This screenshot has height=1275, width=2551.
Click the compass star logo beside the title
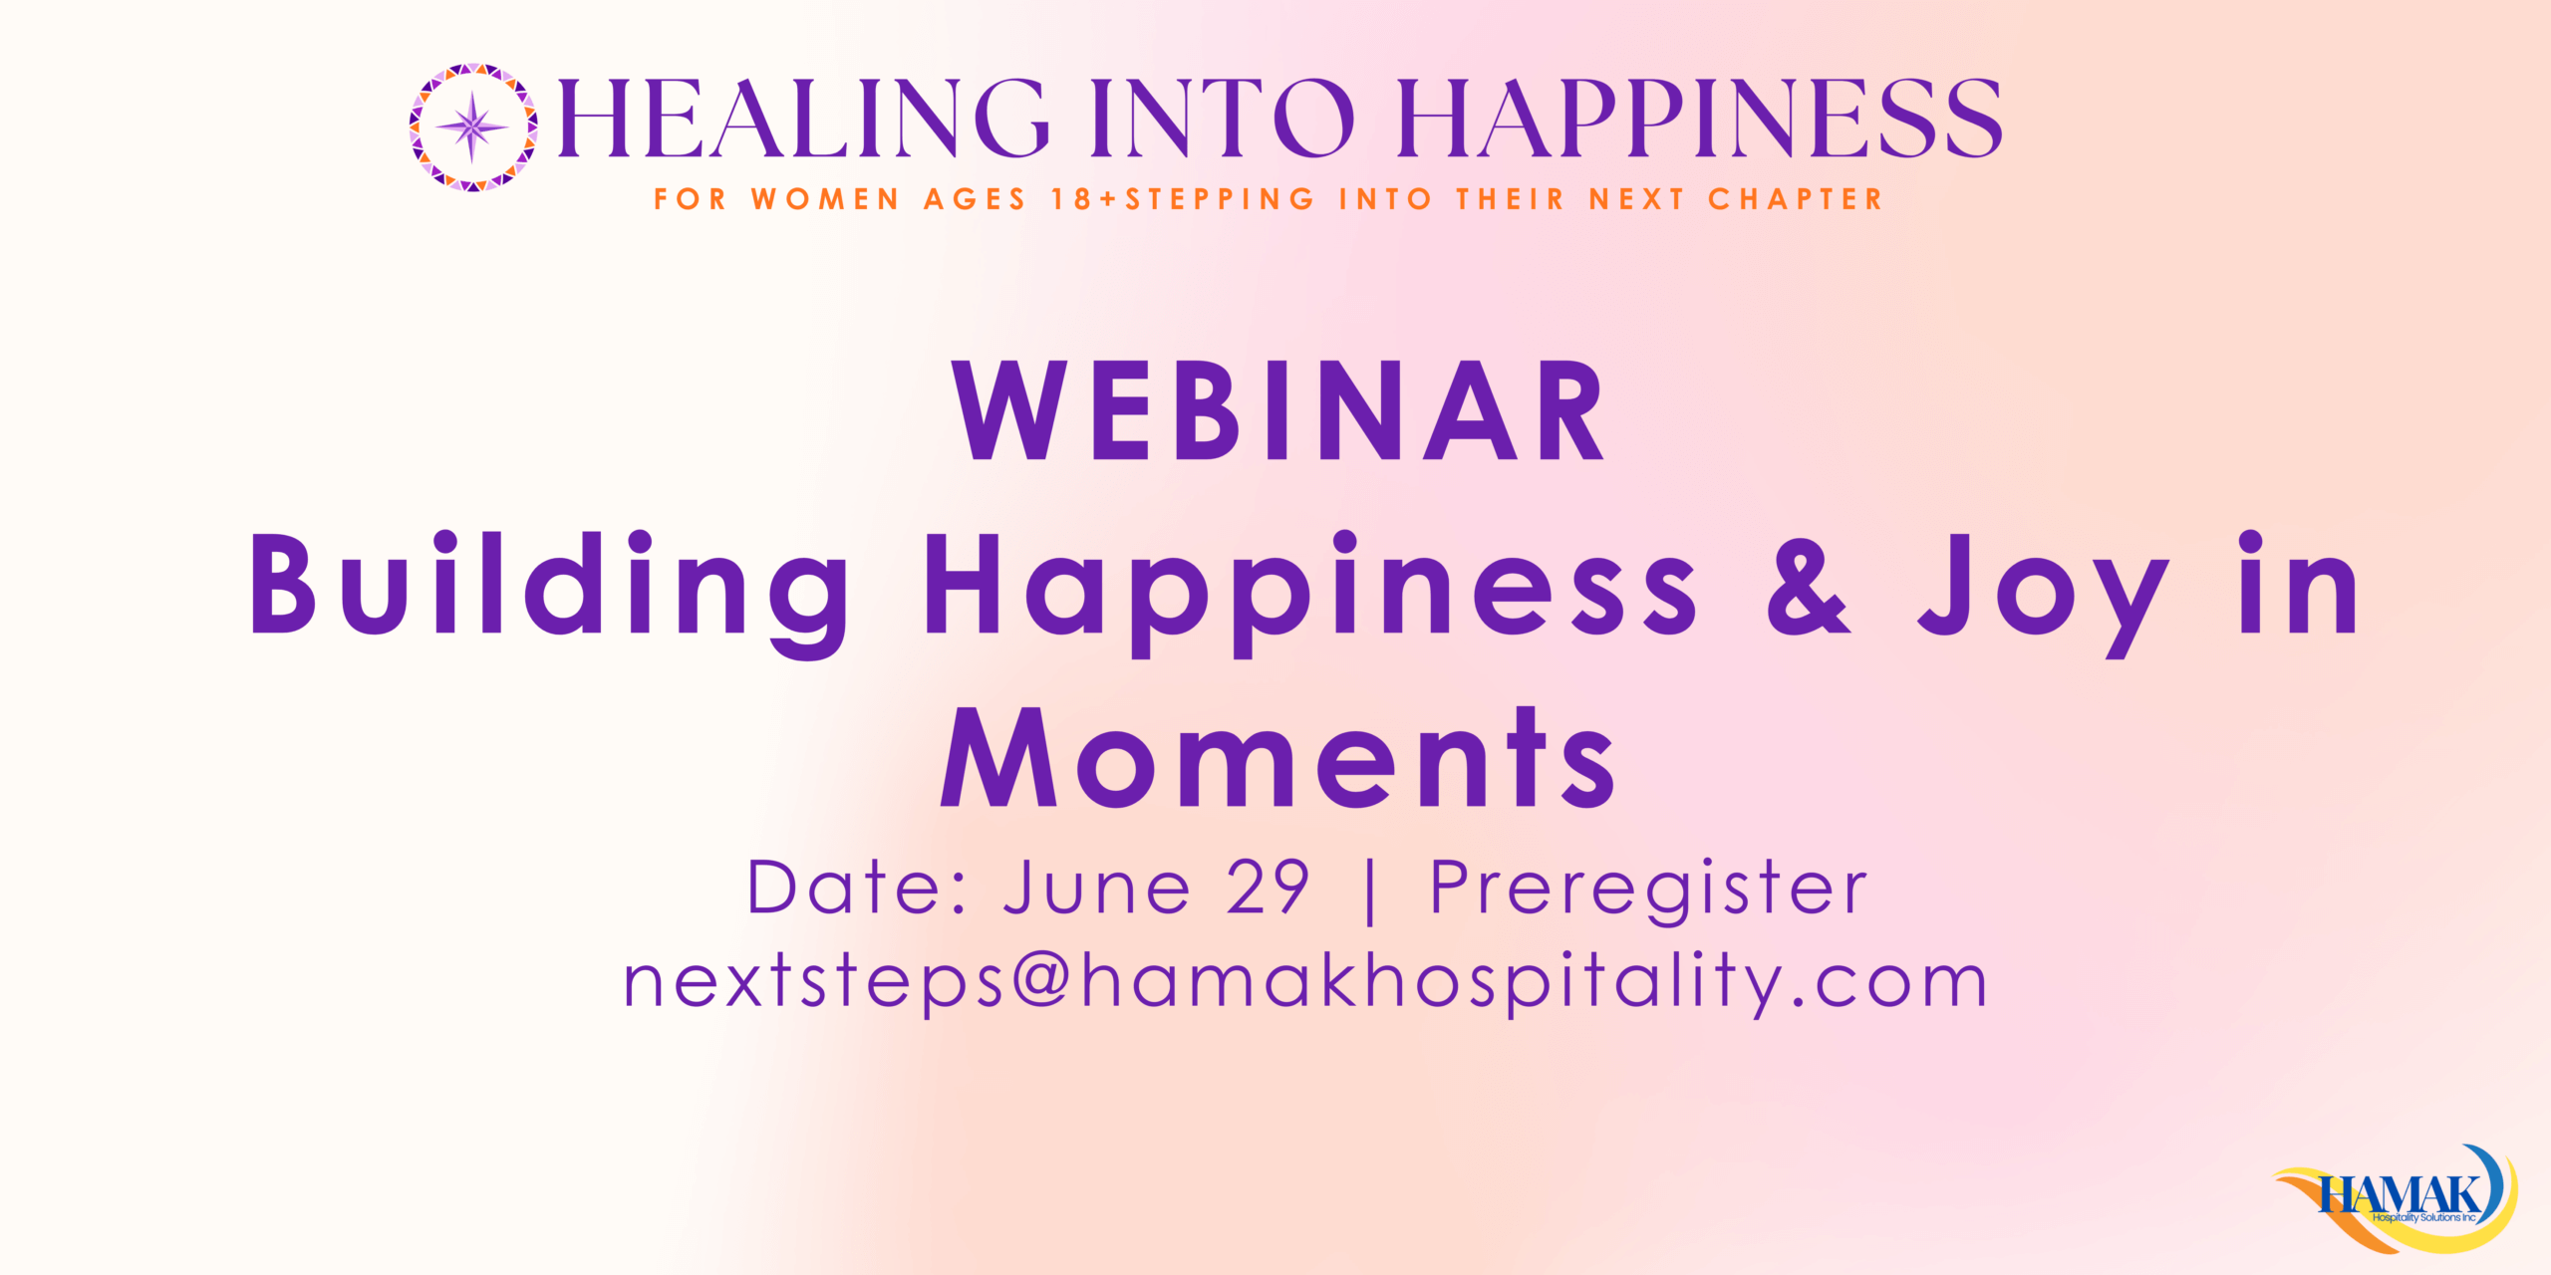point(473,127)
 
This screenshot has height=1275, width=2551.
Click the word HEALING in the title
point(803,119)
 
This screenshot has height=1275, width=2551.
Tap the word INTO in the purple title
point(1223,119)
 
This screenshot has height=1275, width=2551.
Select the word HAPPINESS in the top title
point(1700,119)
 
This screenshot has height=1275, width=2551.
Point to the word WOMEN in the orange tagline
point(826,199)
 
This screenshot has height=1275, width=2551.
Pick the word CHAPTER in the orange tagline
point(1796,199)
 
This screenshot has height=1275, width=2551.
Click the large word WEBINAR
point(1278,410)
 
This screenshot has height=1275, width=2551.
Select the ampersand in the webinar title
point(1810,585)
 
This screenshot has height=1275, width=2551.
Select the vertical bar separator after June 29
point(1371,891)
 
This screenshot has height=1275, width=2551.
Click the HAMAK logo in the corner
point(2397,1198)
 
